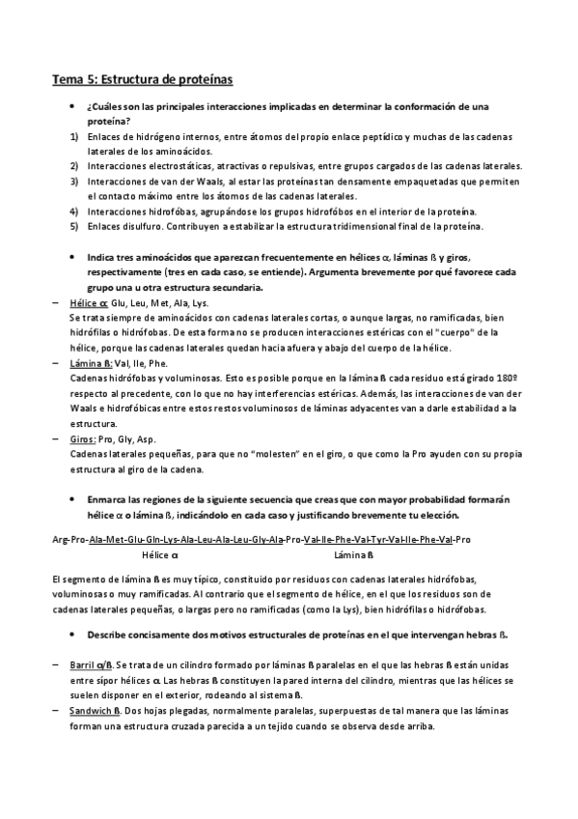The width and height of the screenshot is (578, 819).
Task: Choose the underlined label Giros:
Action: click(x=86, y=438)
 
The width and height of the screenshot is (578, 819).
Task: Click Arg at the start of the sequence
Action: click(x=60, y=540)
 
